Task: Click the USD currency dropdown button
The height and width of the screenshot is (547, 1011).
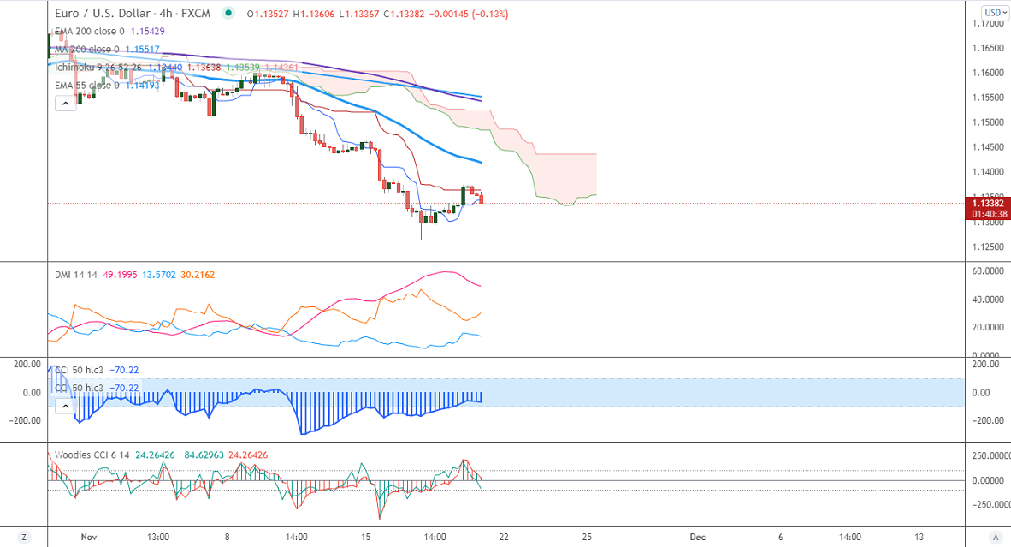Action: coord(994,12)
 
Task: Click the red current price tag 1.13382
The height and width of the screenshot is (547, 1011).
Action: coord(987,203)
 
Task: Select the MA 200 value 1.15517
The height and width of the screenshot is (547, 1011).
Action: coord(139,49)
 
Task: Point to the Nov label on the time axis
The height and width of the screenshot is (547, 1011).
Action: coord(88,537)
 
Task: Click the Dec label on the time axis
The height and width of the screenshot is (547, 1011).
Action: coord(697,537)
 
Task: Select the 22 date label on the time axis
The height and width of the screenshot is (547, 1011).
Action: coord(504,537)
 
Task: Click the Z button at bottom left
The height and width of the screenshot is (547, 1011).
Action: coord(24,537)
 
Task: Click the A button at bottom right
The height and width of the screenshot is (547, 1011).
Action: coord(995,537)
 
